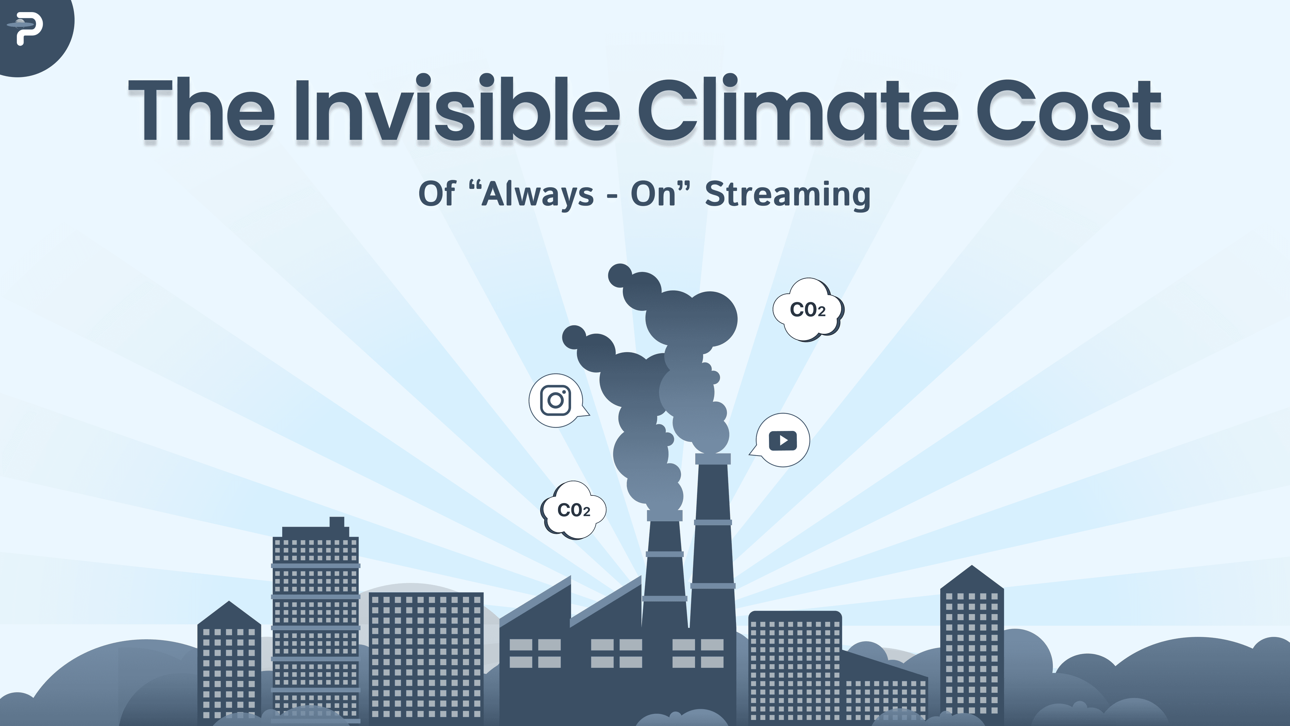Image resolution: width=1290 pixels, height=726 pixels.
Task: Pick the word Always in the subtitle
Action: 537,194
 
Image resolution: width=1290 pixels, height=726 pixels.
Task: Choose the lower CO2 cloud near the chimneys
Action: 574,510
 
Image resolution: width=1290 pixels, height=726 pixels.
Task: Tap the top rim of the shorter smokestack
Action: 664,515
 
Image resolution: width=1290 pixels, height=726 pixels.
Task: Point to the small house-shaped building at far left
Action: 229,661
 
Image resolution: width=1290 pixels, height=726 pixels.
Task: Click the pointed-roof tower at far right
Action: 972,646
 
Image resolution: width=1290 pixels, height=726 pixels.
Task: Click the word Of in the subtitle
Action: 437,194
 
